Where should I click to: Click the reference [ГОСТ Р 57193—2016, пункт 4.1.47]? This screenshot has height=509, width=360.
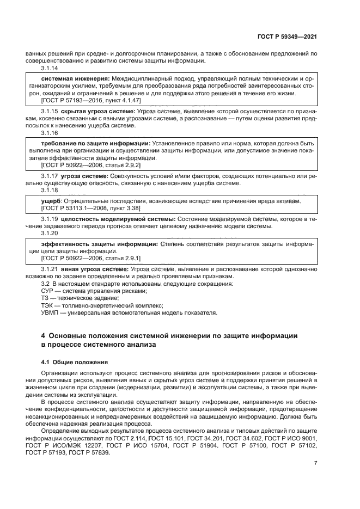pos(84,101)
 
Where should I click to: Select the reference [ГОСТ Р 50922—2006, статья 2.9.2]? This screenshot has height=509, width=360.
pos(83,164)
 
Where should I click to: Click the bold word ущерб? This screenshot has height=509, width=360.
pos(52,201)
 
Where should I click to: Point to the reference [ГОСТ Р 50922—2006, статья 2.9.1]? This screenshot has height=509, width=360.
pos(83,259)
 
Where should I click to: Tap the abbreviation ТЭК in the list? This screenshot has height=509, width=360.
pos(48,305)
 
